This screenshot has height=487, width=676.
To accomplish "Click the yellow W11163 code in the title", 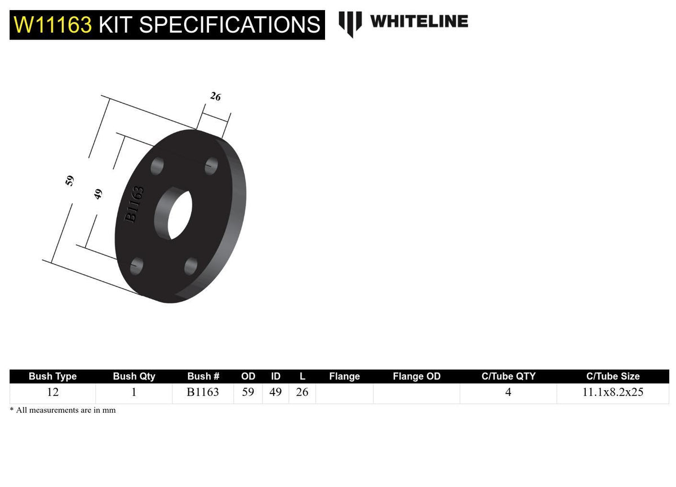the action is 52,25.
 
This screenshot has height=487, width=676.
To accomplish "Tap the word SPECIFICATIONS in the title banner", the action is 230,25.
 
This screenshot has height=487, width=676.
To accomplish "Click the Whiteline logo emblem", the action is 350,24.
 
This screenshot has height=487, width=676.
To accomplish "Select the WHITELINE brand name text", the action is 420,21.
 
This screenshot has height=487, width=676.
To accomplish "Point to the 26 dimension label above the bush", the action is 215,96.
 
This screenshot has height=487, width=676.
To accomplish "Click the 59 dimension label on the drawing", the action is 69,181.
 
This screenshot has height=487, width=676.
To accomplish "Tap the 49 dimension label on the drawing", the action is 98,194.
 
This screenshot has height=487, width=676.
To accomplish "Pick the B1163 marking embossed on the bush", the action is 134,205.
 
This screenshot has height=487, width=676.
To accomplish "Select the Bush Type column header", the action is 52,376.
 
